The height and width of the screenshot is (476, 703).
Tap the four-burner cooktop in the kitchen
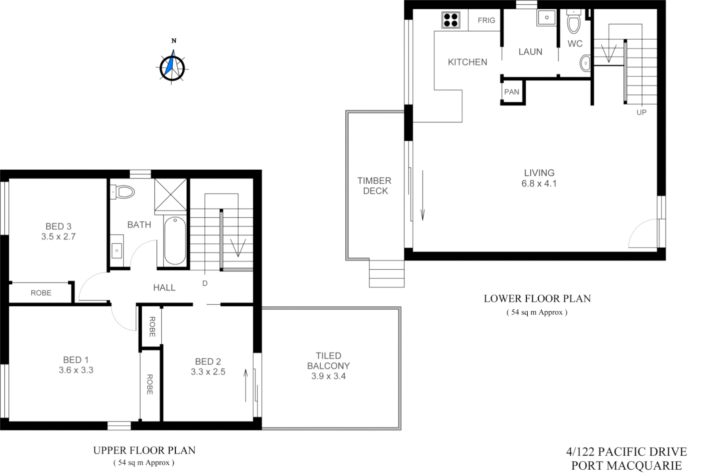451,20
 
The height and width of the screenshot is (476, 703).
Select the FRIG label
486,20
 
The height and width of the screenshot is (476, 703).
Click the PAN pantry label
511,92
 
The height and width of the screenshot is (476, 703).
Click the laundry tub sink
547,18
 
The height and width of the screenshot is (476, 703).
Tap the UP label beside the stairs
641,112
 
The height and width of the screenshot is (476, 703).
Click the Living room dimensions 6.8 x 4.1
539,184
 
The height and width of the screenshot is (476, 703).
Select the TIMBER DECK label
375,186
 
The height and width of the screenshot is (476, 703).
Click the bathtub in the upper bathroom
175,240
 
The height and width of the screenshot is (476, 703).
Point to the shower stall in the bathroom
170,195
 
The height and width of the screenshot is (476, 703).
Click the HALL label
164,288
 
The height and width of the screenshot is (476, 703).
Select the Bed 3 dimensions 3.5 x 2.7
59,237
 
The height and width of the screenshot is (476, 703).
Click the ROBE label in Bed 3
41,293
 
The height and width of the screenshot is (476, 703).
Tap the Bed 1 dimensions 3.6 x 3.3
76,370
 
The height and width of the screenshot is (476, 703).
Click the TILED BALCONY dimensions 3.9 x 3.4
329,376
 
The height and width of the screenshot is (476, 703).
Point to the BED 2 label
208,361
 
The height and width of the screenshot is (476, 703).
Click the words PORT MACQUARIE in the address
626,465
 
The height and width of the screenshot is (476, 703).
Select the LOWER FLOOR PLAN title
537,299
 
